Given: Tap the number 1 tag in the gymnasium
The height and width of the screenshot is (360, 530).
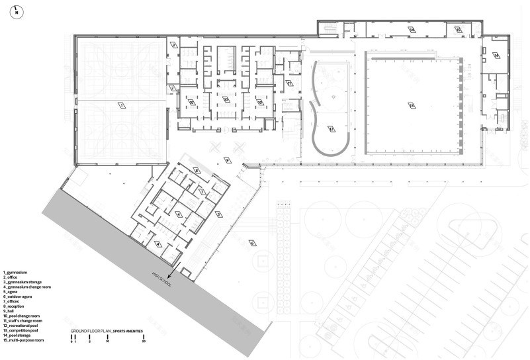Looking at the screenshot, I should [x=121, y=104].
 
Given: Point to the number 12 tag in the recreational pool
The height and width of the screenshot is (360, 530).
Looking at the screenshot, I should [x=331, y=129].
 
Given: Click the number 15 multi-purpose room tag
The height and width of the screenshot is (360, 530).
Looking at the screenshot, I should [x=496, y=56].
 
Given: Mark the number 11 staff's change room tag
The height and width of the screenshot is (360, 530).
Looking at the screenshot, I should [x=289, y=83].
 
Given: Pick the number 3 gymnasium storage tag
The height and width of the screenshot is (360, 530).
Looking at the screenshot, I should [x=173, y=45].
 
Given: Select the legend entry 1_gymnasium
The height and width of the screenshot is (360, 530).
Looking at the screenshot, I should [x=17, y=272].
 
